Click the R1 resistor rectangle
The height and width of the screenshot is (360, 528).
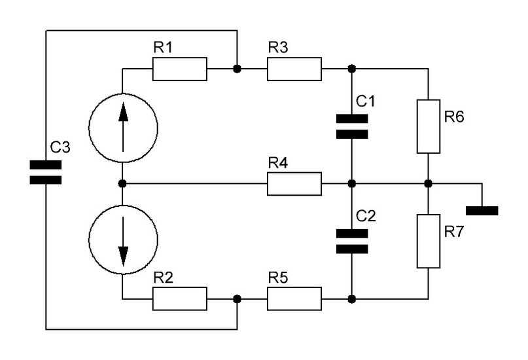180,69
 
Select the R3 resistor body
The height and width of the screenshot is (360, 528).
294,69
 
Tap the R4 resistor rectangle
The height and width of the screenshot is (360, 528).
294,184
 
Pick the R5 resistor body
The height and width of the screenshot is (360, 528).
294,298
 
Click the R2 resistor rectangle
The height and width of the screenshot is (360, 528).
180,298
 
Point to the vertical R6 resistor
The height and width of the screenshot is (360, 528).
428,126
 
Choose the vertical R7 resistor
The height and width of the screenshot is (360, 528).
428,241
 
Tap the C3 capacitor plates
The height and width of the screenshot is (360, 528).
45,171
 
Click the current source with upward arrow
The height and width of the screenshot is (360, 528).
123,126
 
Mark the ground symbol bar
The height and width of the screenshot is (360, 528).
482,211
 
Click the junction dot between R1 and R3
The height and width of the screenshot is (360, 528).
236,69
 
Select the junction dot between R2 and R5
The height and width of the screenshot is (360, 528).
236,298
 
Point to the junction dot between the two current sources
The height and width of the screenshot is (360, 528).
123,184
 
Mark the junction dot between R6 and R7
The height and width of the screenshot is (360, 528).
428,184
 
